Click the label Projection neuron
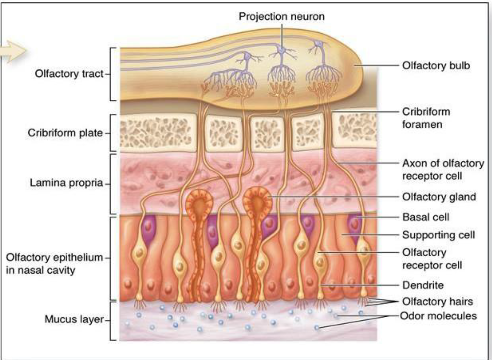click(281, 16)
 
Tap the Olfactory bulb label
click(436, 66)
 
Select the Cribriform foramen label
click(426, 118)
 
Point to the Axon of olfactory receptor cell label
click(443, 169)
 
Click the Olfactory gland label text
click(439, 197)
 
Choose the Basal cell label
click(426, 217)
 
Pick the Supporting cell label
click(438, 235)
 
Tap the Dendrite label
click(423, 285)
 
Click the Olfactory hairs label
click(437, 301)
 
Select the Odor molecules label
click(438, 316)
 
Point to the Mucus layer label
click(74, 319)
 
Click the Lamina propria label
click(66, 183)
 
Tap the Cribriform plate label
click(65, 133)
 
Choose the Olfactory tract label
click(69, 73)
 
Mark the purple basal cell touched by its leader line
click(354, 225)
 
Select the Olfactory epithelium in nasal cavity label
click(54, 263)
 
